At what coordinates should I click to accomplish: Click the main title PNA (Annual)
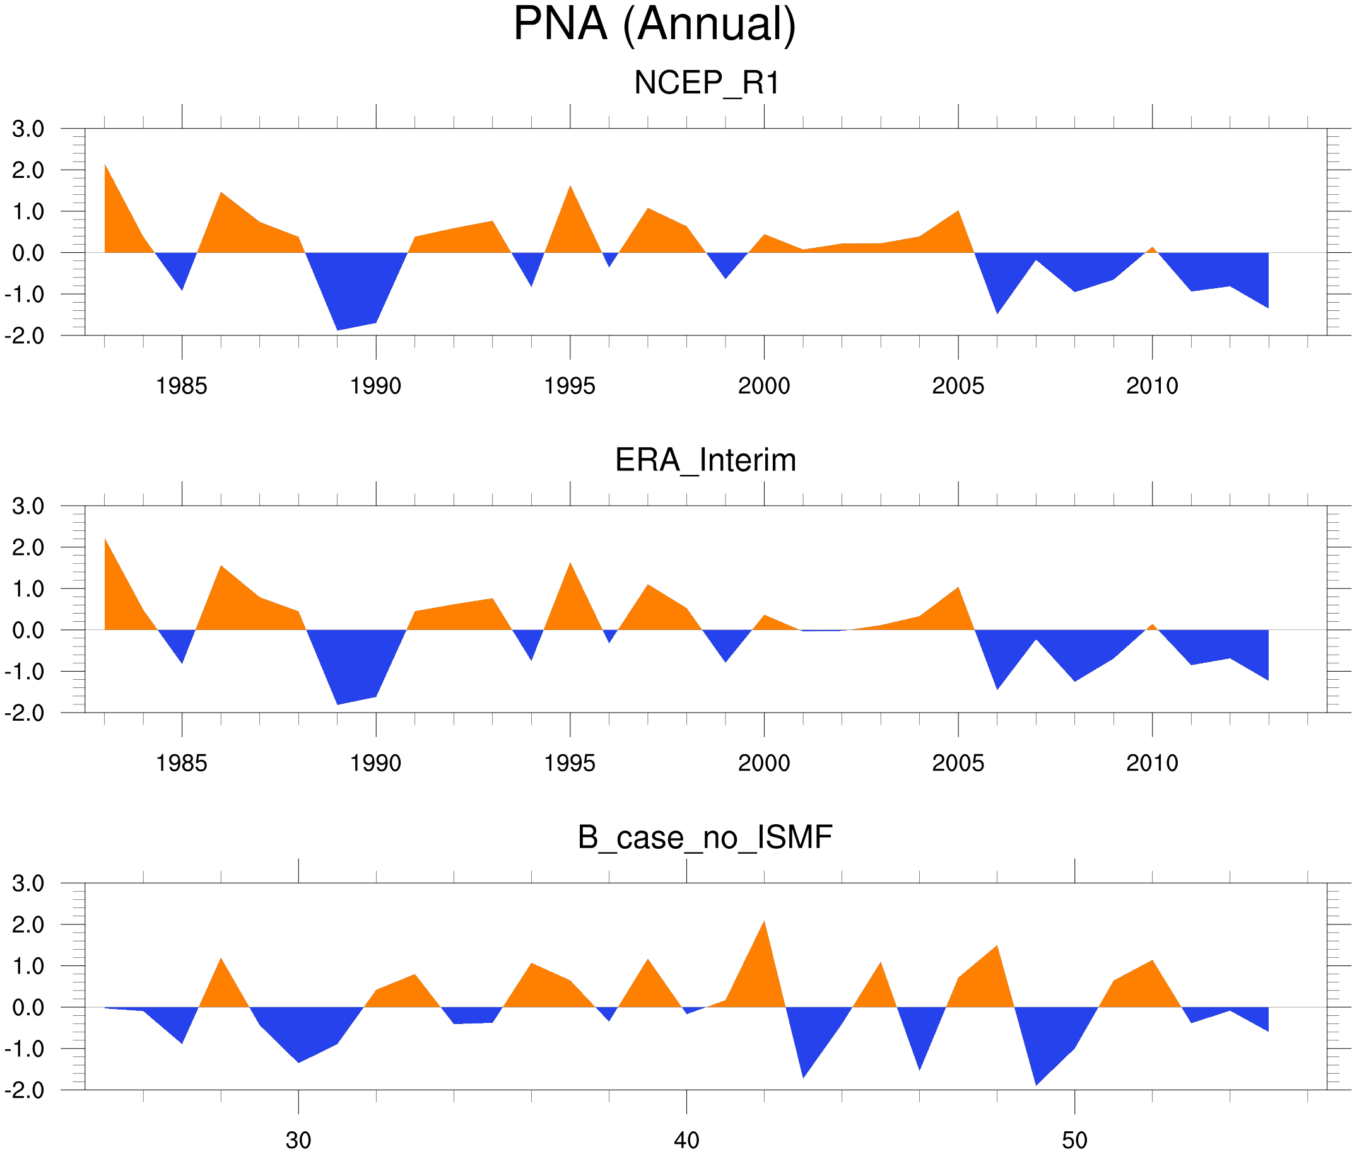coord(654,25)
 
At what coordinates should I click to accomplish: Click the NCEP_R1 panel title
coord(707,83)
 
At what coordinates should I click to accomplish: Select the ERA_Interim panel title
coord(705,460)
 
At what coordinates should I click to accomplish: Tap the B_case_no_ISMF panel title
coord(705,837)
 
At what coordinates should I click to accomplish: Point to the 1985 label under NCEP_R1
coord(181,386)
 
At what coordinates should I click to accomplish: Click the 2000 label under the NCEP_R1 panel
coord(763,386)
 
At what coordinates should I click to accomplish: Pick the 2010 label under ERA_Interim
coord(1151,763)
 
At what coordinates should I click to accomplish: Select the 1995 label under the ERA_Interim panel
coord(569,763)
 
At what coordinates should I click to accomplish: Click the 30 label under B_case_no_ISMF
coord(298,1140)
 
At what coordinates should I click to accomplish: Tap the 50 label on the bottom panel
coord(1074,1140)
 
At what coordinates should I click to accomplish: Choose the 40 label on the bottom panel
coord(686,1140)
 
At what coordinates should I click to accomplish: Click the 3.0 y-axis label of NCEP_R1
coord(28,129)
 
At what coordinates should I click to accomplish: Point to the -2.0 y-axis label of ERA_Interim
coord(24,713)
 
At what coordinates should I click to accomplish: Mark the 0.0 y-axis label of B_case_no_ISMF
coord(28,1008)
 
